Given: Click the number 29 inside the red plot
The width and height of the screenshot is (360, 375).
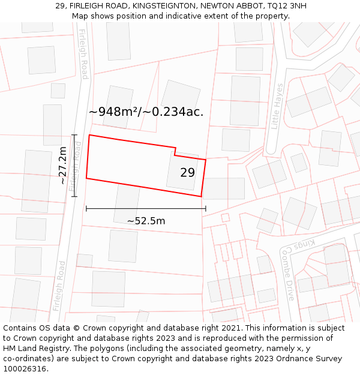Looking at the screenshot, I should pos(187,173).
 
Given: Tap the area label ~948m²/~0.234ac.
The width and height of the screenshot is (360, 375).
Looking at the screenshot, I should pos(146,112).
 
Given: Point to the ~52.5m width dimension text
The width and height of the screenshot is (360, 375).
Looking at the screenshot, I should pos(146,221).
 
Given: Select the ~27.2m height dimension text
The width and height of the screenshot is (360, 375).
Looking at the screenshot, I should pos(63,165).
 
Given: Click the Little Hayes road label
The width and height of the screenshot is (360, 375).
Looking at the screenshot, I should pos(277,106).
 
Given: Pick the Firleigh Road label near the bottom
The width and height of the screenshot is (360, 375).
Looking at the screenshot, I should pos(59,286).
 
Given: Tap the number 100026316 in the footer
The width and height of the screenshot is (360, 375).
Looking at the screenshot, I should pos(26,369).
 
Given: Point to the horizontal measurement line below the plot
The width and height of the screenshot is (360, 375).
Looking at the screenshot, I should pos(146,209).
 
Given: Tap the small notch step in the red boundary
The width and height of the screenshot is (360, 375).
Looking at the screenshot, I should pos(175,152).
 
